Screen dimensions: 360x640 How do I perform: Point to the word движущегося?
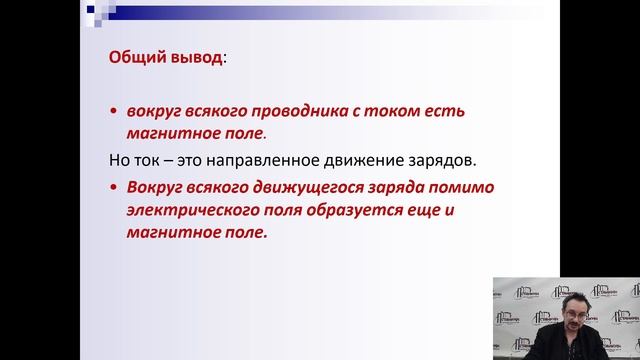pyautogui.click(x=296, y=187)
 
